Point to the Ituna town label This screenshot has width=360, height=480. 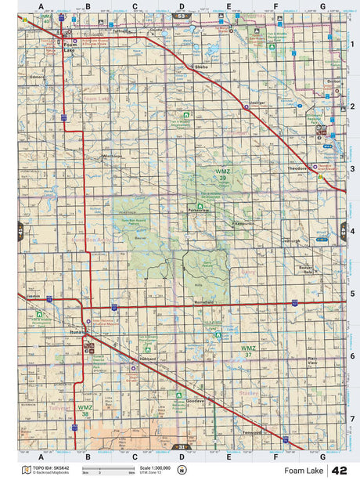pyautogui.click(x=77, y=332)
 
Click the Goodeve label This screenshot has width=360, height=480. pyautogui.click(x=195, y=401)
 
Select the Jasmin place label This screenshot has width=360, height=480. pyautogui.click(x=32, y=297)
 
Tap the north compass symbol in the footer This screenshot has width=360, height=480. pyautogui.click(x=182, y=470)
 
